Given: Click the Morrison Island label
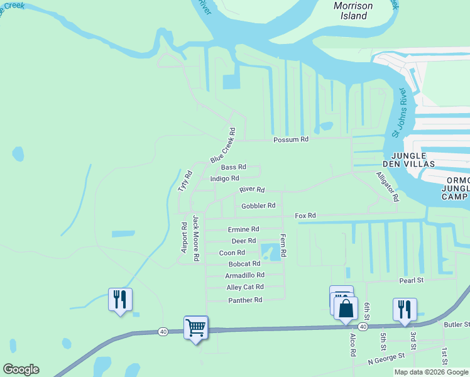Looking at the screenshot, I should coord(352,11).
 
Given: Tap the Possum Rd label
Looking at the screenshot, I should coord(291,139).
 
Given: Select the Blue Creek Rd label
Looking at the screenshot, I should coord(223,146).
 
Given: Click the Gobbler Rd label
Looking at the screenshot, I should coord(258,205).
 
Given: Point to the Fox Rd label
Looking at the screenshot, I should coord(305,216).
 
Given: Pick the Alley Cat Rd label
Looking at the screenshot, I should coord(245,287).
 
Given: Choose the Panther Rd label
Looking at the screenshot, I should coord(244,300).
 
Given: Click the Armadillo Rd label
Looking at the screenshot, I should coord(244,275).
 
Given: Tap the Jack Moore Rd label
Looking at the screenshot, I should coord(196,238).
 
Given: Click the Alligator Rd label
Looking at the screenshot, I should coord(387,186).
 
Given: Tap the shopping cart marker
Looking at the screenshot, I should coord(195,327).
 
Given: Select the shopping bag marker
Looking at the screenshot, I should coord(346,309).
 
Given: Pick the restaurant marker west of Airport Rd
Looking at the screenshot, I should coord(120,299).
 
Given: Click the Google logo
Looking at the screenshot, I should coord(21,369).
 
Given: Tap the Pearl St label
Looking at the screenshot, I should coord(412,280).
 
